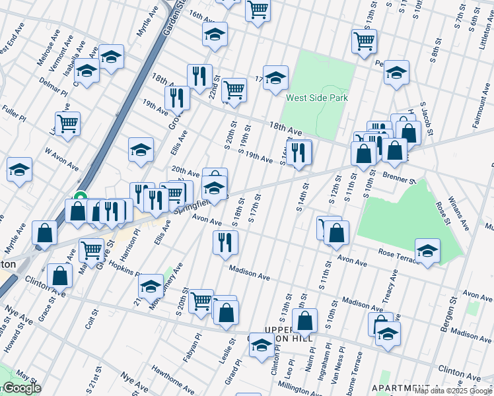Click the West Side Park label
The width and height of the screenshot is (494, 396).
(x=317, y=98)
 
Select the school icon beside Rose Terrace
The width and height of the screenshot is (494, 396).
(x=427, y=251)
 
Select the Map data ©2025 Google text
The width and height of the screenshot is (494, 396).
(x=454, y=390)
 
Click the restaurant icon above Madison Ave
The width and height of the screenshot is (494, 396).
(x=225, y=242)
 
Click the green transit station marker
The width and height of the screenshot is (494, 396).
(x=81, y=196)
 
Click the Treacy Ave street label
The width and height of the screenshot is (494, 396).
(x=390, y=296)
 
